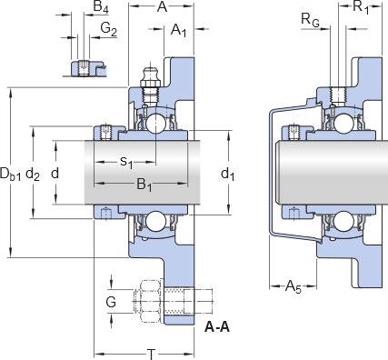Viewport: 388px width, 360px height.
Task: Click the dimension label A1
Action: pos(179,31)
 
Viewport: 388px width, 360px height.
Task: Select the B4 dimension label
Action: pos(101,7)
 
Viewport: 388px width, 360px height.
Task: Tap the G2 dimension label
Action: pos(108,30)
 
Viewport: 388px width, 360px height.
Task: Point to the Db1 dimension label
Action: pos(10,175)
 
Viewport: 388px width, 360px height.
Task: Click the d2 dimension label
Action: pos(33,175)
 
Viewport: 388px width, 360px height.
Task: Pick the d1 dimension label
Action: pos(228,175)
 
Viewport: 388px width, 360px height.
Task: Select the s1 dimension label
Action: pos(126,162)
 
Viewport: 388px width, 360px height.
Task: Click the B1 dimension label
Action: pos(144,185)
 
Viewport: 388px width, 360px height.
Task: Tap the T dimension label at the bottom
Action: pos(151,354)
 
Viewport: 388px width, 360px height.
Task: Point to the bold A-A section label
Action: pos(217,327)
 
